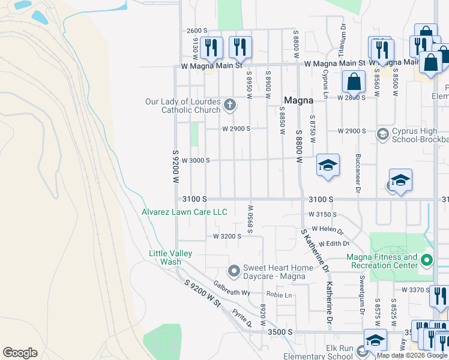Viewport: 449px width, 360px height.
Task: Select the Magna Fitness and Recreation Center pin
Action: tap(427, 260)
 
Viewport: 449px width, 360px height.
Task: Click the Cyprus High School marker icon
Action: tap(382, 134)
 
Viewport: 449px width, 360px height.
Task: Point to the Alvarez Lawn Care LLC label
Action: tap(184, 212)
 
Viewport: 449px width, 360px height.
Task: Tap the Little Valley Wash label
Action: tap(170, 257)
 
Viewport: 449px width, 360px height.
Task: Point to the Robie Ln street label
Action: tap(279, 295)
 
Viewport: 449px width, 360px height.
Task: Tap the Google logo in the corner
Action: tap(20, 353)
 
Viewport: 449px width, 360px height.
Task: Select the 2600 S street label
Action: tap(197, 31)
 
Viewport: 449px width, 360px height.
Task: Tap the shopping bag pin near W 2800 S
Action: tap(354, 82)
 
